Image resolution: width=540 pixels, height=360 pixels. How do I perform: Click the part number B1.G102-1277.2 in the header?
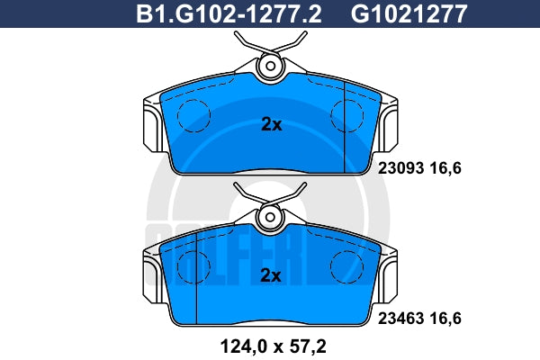tap(229, 14)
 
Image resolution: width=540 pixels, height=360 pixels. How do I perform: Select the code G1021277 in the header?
tap(409, 14)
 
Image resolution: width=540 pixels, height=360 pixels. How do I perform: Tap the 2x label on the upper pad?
tap(272, 124)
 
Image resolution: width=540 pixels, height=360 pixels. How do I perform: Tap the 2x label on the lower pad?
tap(271, 275)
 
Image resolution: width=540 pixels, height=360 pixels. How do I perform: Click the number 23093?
tap(400, 168)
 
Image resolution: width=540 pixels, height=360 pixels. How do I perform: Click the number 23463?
tap(400, 319)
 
